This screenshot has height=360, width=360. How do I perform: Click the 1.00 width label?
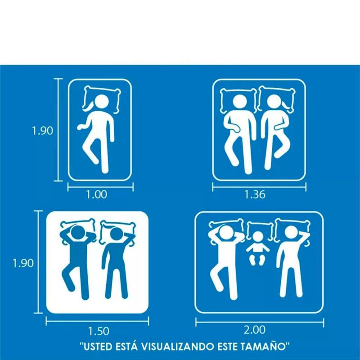pyautogui.click(x=96, y=195)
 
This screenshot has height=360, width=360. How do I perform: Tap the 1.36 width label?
pyautogui.click(x=255, y=195)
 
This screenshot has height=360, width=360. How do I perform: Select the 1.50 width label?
pyautogui.click(x=99, y=331)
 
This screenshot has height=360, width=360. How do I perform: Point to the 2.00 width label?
pyautogui.click(x=255, y=330)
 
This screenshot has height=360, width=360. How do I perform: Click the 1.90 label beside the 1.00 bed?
pyautogui.click(x=42, y=130)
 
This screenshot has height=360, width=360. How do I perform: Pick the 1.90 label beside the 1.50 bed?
pyautogui.click(x=23, y=263)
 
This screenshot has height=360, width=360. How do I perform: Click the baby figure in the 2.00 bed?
pyautogui.click(x=258, y=248)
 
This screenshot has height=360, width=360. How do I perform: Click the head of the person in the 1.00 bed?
pyautogui.click(x=101, y=102)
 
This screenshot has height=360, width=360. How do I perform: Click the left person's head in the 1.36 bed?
pyautogui.click(x=240, y=102)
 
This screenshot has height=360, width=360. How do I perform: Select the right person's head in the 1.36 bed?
pyautogui.click(x=274, y=103)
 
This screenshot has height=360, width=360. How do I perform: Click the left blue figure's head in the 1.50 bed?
pyautogui.click(x=78, y=233)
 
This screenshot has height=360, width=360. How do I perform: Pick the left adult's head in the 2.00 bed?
pyautogui.click(x=227, y=233)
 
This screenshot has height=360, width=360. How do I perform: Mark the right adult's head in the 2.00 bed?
pyautogui.click(x=291, y=233)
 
